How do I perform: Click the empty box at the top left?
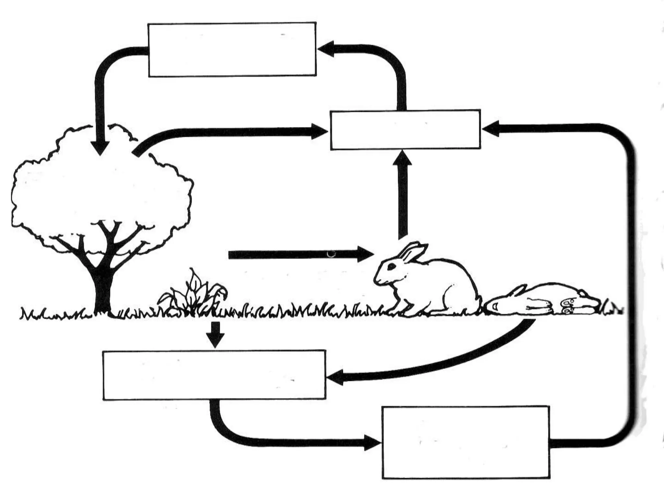(x=232, y=49)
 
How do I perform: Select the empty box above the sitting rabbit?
(x=405, y=130)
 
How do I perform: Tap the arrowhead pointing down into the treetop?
(x=100, y=147)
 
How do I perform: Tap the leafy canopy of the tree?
(x=97, y=188)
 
